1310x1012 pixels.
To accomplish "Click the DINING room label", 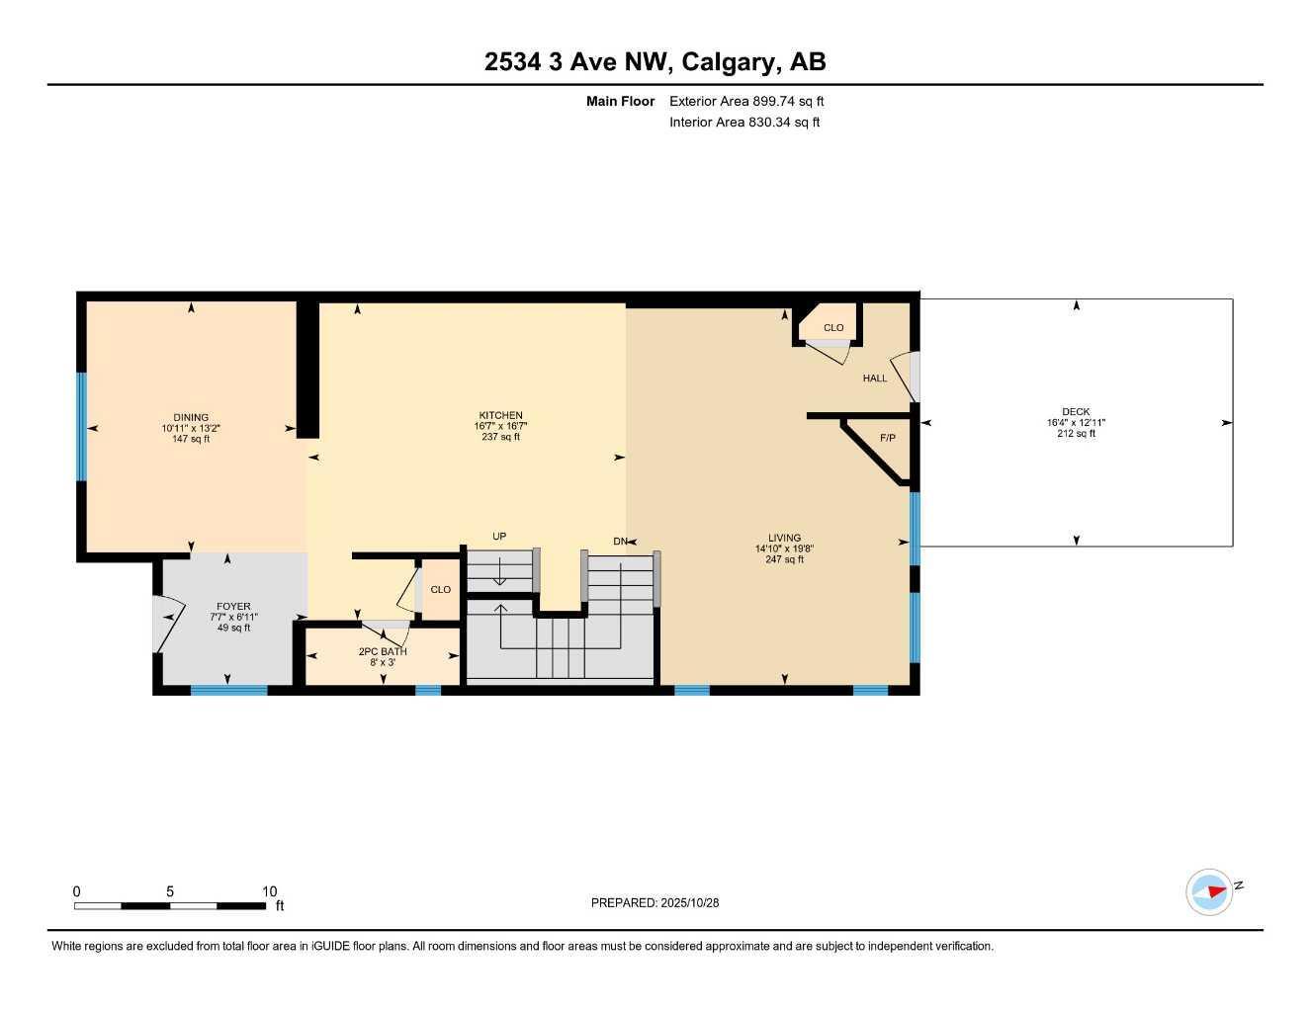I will click(191, 417).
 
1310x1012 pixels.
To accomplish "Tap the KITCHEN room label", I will click(500, 415).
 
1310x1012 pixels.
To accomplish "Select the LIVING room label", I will click(784, 538).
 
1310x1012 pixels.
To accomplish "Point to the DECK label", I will click(1076, 412).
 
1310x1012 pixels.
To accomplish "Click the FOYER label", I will click(233, 606).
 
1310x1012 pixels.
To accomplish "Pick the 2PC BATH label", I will click(383, 651).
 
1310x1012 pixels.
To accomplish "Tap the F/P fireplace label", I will click(887, 438).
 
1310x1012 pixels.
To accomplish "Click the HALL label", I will click(875, 378).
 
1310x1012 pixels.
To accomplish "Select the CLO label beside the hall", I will click(833, 327).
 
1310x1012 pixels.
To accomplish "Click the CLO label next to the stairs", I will click(440, 589).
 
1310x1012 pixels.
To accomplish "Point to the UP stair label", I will click(499, 537).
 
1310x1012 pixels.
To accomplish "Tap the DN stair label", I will click(620, 542).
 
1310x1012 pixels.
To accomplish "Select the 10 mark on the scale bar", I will click(269, 891).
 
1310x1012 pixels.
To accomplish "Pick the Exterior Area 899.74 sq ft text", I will click(746, 101).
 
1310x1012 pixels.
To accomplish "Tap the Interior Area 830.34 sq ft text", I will click(744, 123).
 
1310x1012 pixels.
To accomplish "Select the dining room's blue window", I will click(82, 426).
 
